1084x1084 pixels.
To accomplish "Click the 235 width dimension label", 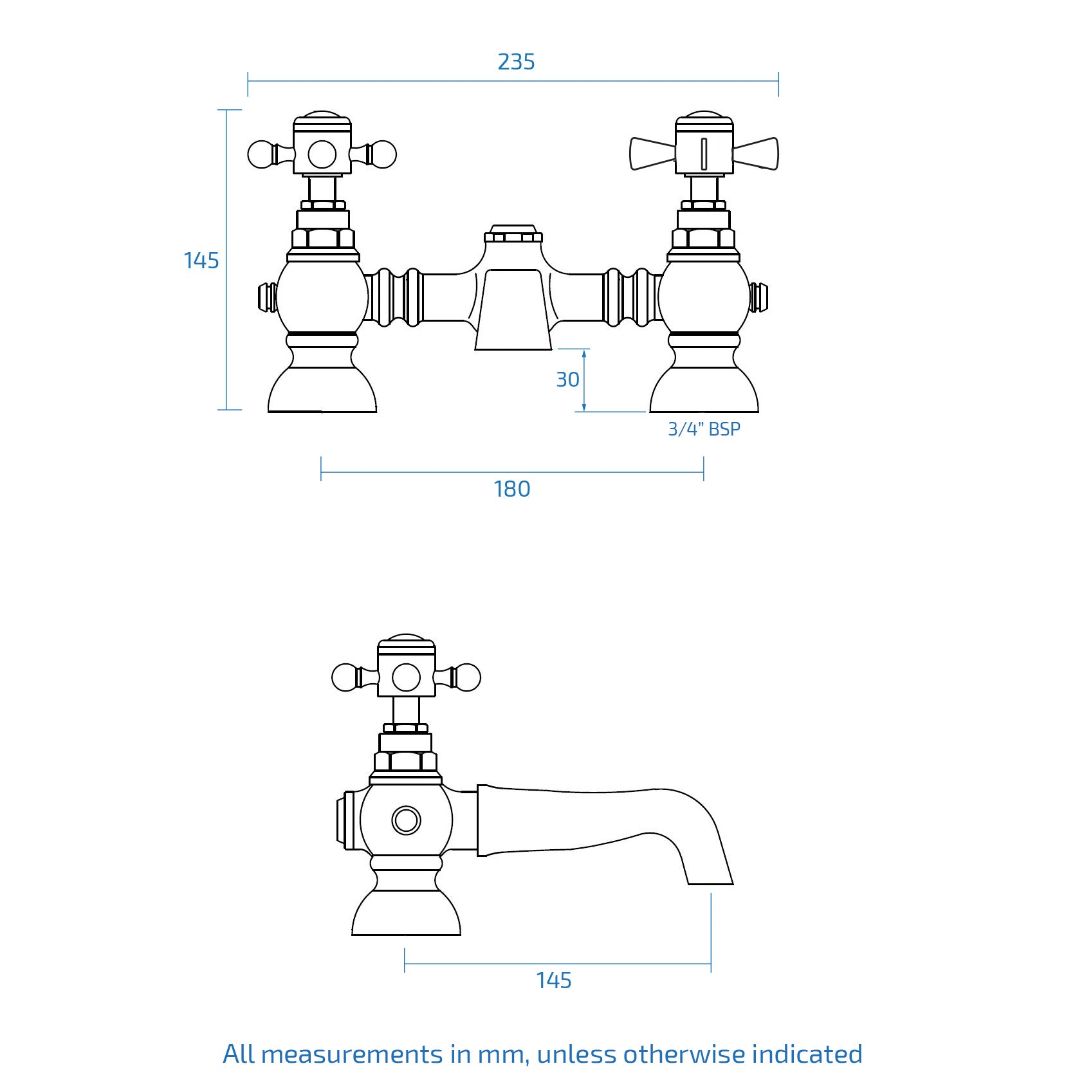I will [x=516, y=62].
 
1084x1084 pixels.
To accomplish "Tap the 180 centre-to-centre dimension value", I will [x=512, y=489].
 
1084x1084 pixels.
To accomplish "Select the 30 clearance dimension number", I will [x=567, y=380].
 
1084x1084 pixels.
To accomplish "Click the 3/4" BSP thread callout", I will [x=704, y=429].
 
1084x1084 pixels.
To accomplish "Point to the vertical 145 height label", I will [x=201, y=261].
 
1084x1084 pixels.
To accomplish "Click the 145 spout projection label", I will [x=554, y=980].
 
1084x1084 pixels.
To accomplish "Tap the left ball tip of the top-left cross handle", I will [x=260, y=154].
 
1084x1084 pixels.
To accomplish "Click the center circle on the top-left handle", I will [x=322, y=154].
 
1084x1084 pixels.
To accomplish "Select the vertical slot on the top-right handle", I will [x=704, y=154].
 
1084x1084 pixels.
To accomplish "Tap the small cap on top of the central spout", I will [x=513, y=234].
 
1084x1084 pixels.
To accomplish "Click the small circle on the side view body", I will [x=406, y=820].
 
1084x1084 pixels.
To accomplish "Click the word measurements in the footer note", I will [x=352, y=1054].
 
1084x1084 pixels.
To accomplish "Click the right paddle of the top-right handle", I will [x=757, y=154].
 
